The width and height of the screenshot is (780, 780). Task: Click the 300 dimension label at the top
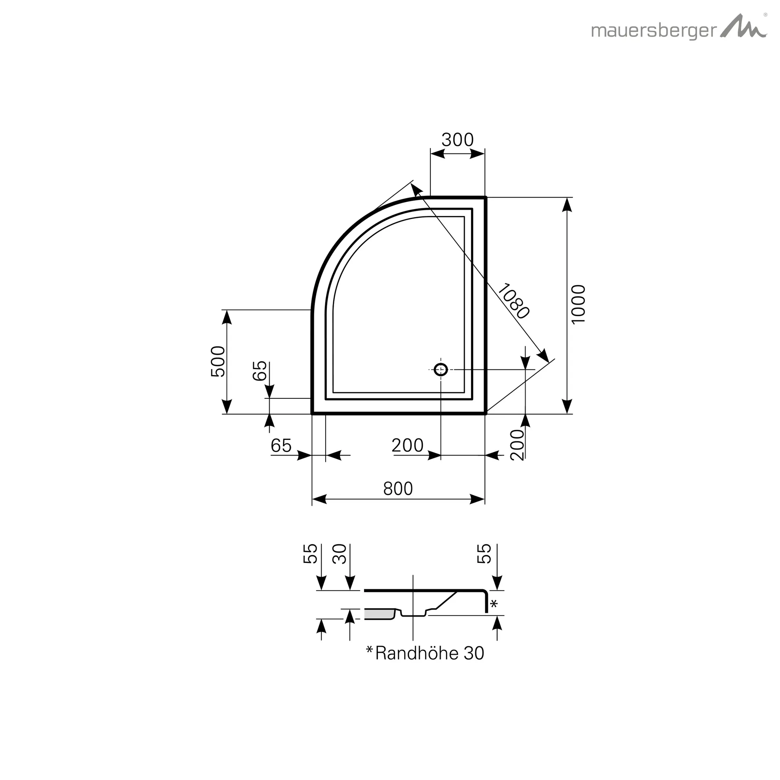click(457, 140)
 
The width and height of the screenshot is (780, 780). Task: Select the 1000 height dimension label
click(579, 304)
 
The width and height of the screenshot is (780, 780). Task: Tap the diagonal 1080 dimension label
click(513, 301)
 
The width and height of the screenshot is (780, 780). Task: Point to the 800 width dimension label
click(398, 489)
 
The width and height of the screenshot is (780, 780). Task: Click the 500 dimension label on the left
click(218, 361)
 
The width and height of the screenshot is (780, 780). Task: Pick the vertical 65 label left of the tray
click(260, 370)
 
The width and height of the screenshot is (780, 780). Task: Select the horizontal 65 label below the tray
click(281, 446)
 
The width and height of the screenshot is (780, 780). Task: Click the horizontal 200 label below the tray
click(408, 446)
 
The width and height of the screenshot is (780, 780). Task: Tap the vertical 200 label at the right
click(517, 445)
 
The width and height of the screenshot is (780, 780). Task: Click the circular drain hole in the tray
click(441, 369)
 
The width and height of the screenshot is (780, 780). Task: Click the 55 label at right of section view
click(484, 553)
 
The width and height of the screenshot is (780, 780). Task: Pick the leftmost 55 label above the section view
click(310, 553)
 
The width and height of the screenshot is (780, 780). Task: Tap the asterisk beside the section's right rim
click(494, 604)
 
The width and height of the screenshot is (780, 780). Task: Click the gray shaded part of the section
click(378, 614)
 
